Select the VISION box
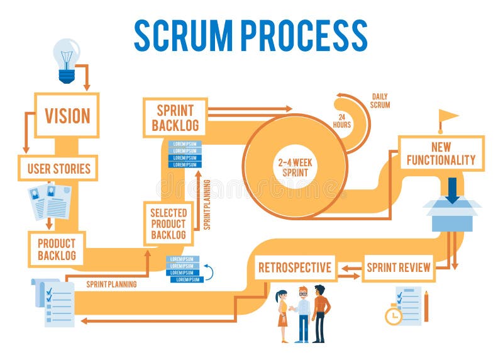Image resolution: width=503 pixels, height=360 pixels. pyautogui.click(x=67, y=115)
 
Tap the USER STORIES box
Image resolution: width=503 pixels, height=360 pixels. pyautogui.click(x=58, y=168)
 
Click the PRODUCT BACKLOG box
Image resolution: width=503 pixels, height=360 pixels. pyautogui.click(x=57, y=249)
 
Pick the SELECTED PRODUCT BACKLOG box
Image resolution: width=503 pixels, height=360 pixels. pyautogui.click(x=168, y=223)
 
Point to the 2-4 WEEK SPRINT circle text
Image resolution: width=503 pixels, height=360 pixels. pyautogui.click(x=296, y=166)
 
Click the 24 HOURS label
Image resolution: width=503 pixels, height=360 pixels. pyautogui.click(x=342, y=120)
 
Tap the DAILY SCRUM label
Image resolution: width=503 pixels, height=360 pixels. pyautogui.click(x=380, y=101)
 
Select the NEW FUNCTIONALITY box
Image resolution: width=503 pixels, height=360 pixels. pyautogui.click(x=441, y=153)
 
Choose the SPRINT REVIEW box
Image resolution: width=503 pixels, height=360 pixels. pyautogui.click(x=399, y=267)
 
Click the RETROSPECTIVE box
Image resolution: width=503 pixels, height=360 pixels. pyautogui.click(x=295, y=267)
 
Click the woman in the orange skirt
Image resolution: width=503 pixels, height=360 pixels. pyautogui.click(x=282, y=315)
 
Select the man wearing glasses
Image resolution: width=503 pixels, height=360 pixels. pyautogui.click(x=303, y=313)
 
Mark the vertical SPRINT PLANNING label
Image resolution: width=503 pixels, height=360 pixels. pyautogui.click(x=207, y=204)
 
